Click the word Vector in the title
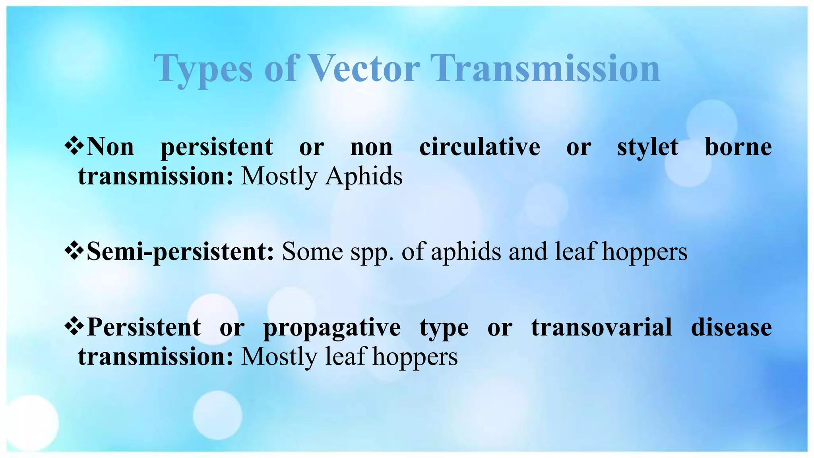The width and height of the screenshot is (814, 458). click(364, 68)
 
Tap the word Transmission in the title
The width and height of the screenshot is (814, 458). click(545, 68)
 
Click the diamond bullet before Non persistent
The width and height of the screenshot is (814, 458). click(74, 146)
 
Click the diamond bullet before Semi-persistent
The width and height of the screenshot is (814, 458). click(74, 252)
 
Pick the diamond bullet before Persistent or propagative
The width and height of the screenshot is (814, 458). click(74, 327)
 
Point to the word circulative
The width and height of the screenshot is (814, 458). click(479, 147)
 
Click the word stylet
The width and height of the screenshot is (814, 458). click(647, 147)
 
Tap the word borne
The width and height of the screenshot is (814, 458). click(738, 147)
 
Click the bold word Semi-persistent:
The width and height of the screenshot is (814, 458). click(180, 252)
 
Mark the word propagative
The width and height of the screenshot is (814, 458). click(332, 328)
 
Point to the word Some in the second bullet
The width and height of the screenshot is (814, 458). click(312, 252)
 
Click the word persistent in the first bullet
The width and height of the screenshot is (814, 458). click(217, 147)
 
